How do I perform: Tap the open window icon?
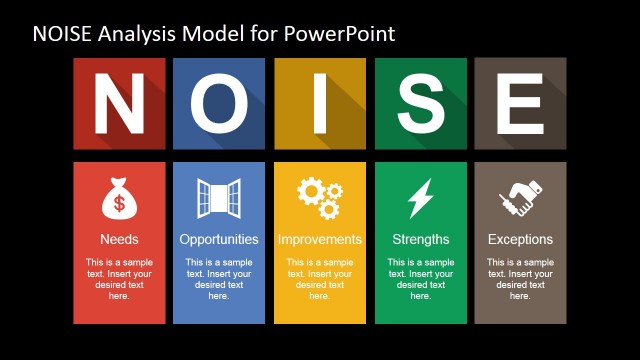[219, 199]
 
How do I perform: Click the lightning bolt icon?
[420, 199]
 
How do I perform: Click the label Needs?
[119, 240]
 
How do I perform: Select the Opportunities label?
[219, 240]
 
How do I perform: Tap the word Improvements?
[320, 240]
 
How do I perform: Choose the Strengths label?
[420, 240]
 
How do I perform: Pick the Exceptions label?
[520, 240]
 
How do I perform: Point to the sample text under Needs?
[119, 279]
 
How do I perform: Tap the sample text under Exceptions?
[520, 279]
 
